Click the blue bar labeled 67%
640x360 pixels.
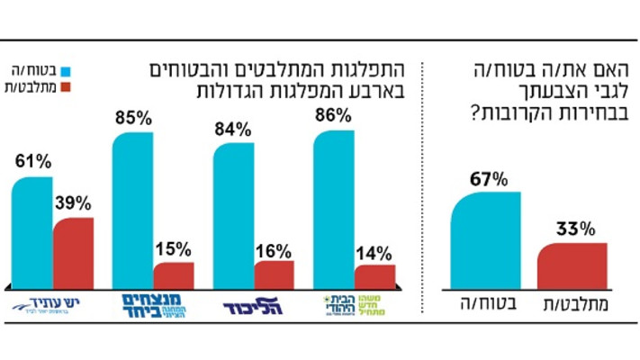(485, 240)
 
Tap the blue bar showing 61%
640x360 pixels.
(32, 232)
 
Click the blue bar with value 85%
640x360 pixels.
(132, 209)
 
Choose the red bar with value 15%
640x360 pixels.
(173, 275)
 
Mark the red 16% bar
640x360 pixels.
(274, 274)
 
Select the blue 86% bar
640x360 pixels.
(333, 209)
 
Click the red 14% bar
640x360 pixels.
(374, 276)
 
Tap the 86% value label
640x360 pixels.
(333, 116)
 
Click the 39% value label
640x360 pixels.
(73, 203)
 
